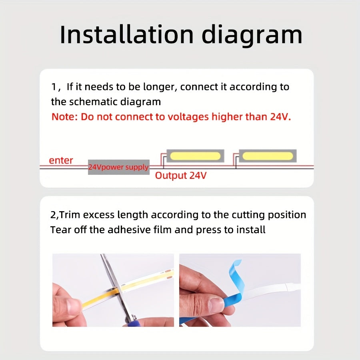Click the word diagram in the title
click(252, 36)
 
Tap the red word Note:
click(65, 117)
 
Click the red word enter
click(61, 160)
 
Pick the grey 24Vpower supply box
click(119, 167)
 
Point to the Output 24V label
click(181, 176)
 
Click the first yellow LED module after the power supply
click(195, 156)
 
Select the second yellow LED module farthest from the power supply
click(268, 156)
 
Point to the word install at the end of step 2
click(251, 230)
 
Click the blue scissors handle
click(131, 323)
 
